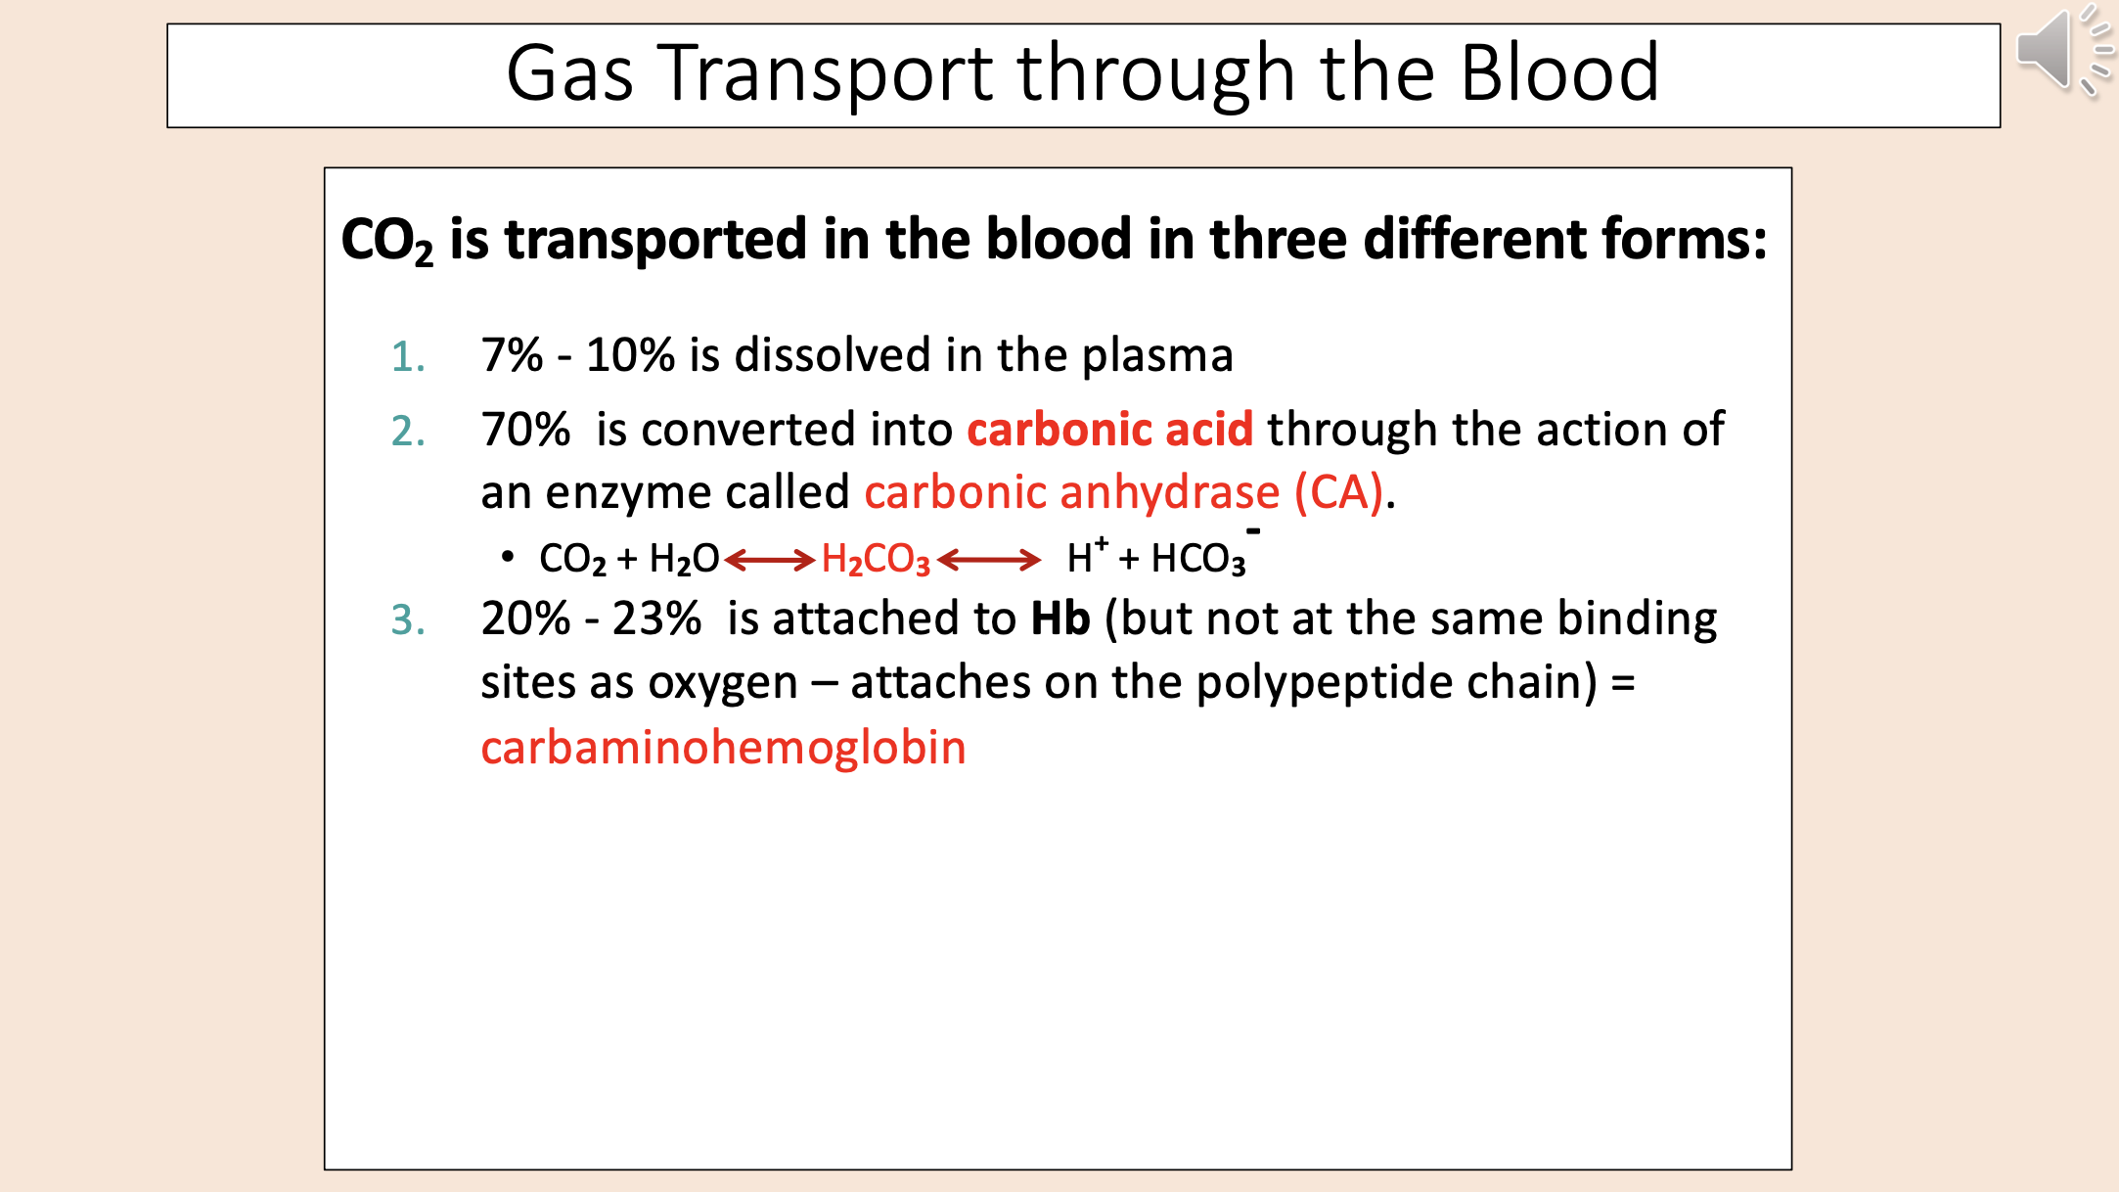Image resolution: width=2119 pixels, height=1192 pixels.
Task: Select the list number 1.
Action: click(x=407, y=357)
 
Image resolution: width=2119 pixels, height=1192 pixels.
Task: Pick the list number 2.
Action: click(x=407, y=432)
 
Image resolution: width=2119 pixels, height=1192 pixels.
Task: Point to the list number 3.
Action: click(x=407, y=620)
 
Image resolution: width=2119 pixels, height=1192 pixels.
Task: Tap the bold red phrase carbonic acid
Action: click(x=1109, y=431)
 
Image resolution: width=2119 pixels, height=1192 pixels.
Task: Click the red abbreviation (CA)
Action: click(x=1339, y=492)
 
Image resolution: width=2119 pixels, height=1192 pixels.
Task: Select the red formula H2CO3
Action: click(x=876, y=560)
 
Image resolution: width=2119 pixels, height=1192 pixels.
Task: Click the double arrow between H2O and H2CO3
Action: click(x=770, y=560)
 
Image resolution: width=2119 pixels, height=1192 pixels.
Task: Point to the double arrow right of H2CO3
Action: click(x=989, y=560)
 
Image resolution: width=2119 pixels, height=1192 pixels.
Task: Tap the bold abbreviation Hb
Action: click(x=1060, y=619)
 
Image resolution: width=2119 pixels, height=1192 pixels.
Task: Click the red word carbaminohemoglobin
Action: click(x=723, y=749)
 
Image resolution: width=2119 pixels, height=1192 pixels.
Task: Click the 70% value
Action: click(x=525, y=431)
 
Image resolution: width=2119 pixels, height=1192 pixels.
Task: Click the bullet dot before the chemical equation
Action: click(x=507, y=557)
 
